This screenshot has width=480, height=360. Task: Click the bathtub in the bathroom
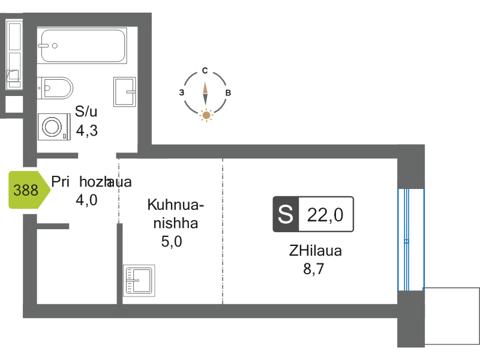pyautogui.click(x=83, y=46)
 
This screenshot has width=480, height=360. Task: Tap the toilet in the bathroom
pyautogui.click(x=56, y=88)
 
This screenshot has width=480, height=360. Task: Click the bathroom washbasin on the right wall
pyautogui.click(x=125, y=91)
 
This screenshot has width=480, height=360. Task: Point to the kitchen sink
pyautogui.click(x=139, y=280)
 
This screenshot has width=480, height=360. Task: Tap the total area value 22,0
pyautogui.click(x=325, y=214)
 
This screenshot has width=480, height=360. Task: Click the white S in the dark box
pyautogui.click(x=286, y=214)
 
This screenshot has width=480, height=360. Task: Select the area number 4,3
pyautogui.click(x=87, y=130)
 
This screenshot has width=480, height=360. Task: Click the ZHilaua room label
pyautogui.click(x=316, y=251)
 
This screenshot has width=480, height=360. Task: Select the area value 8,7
pyautogui.click(x=316, y=268)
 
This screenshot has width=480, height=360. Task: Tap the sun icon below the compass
pyautogui.click(x=206, y=115)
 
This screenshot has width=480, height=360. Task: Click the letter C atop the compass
pyautogui.click(x=205, y=71)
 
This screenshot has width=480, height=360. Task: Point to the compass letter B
pyautogui.click(x=228, y=93)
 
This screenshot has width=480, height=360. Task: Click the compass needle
pyautogui.click(x=205, y=92)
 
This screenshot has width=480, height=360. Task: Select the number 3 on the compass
pyautogui.click(x=182, y=93)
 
